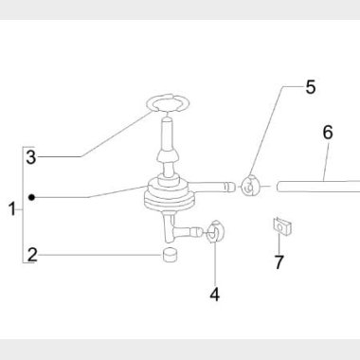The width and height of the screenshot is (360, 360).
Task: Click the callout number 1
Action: (x=12, y=209)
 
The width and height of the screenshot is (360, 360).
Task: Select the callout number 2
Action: (x=32, y=255)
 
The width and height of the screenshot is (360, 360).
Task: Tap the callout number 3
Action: (x=31, y=157)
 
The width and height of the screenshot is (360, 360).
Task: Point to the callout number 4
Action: (x=215, y=295)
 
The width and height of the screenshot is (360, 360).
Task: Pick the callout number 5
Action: (x=311, y=87)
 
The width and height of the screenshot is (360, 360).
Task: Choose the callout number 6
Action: (x=328, y=133)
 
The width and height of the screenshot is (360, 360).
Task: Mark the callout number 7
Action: (x=279, y=261)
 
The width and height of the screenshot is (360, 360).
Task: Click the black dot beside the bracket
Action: (x=31, y=197)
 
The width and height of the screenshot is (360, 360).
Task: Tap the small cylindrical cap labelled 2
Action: (x=170, y=255)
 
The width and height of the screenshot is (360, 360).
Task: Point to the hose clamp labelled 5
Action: (x=250, y=186)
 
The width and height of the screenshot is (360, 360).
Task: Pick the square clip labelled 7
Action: (x=281, y=226)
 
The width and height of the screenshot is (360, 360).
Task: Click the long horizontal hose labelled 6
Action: (x=318, y=187)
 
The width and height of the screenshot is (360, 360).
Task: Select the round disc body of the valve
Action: (x=169, y=196)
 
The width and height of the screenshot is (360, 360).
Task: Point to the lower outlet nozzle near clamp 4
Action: (x=188, y=232)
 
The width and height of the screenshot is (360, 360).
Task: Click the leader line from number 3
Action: (x=94, y=135)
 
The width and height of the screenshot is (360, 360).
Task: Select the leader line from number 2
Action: (x=100, y=255)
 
